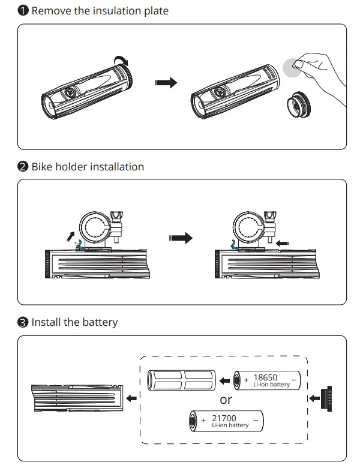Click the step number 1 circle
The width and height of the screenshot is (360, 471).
coord(23,11)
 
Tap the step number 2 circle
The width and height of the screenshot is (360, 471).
coord(23,166)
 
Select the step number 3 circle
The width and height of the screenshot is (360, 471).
coord(23,322)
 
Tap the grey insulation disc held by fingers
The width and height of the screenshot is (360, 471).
coord(293,68)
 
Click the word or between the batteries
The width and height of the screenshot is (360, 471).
coord(226,400)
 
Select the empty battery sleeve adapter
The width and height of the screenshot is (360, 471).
coord(181,380)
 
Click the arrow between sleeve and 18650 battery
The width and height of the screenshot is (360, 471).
coord(224,380)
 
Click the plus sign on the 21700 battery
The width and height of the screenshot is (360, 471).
coord(203,421)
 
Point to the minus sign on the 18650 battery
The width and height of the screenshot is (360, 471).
coord(293,380)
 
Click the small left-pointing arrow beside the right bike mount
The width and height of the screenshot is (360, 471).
coord(281,244)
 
